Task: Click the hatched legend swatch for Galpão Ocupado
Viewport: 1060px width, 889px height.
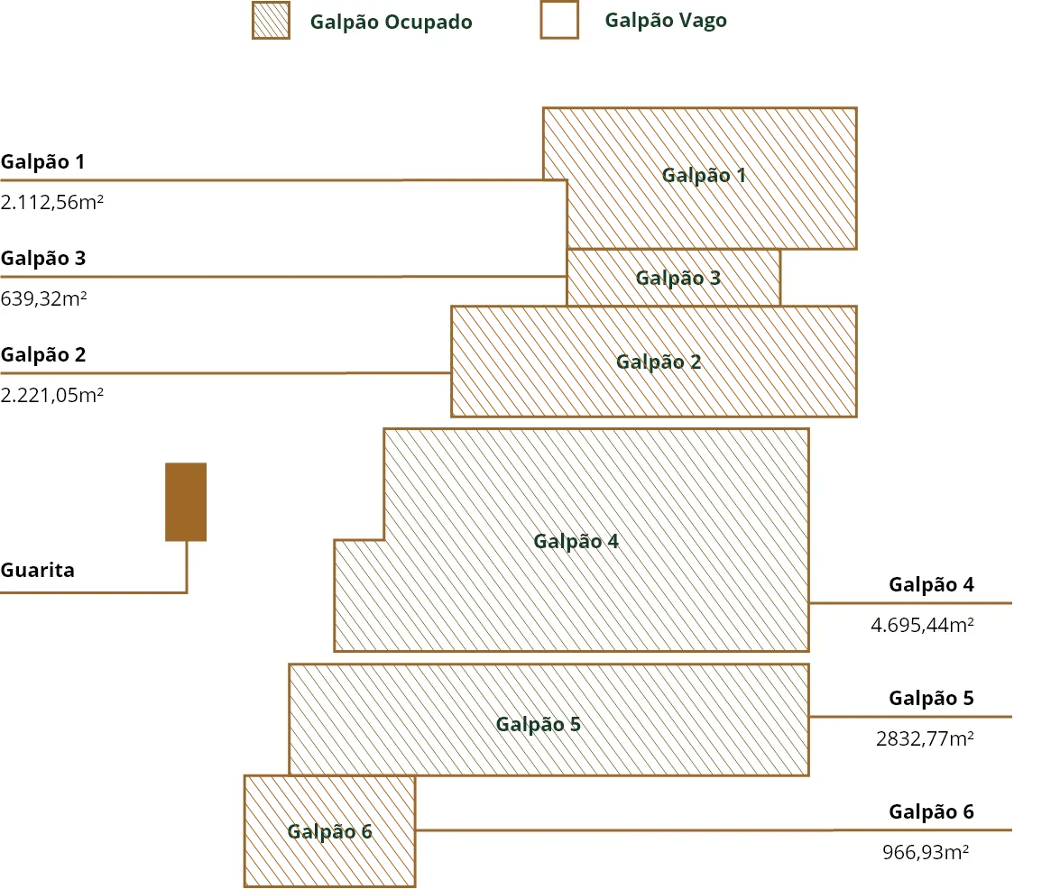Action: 271,20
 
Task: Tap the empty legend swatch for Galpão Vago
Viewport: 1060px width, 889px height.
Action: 559,20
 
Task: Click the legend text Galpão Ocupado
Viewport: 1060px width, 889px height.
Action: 391,22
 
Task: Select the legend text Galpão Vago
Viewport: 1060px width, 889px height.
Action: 666,20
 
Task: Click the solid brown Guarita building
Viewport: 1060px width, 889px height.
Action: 186,502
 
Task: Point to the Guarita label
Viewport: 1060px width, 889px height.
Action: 37,570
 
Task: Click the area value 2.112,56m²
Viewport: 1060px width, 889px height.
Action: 52,202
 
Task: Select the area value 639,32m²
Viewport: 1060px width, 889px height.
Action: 44,298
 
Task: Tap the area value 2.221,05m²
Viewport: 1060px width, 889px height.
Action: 52,395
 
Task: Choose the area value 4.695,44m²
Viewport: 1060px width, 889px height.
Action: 922,625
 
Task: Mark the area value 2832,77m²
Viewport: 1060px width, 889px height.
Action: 925,738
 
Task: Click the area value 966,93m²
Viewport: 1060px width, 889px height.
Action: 926,852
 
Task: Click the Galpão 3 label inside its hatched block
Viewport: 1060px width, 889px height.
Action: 678,279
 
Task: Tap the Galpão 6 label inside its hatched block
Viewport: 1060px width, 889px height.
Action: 329,831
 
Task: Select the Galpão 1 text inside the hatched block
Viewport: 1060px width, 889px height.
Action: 704,176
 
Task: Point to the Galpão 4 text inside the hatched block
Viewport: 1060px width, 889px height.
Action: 576,542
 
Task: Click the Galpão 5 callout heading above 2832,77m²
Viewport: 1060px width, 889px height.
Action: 931,698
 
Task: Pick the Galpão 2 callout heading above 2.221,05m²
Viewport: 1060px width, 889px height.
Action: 43,355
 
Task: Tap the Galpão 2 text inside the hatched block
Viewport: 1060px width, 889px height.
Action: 659,362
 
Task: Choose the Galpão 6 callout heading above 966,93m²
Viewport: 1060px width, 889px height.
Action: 931,811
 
